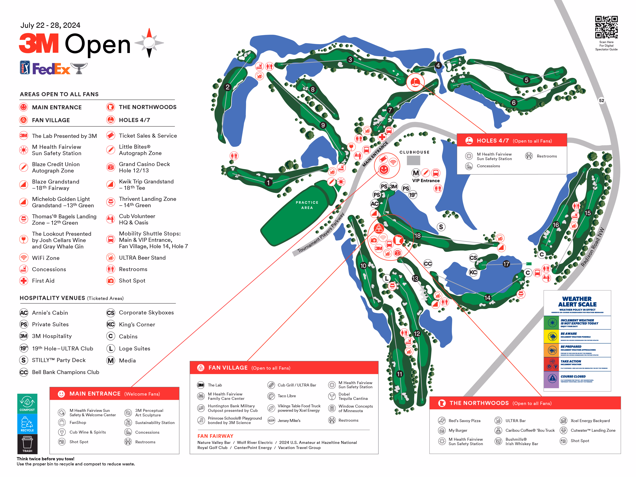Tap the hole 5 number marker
[526, 80]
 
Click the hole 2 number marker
[228, 87]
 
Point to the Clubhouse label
[414, 152]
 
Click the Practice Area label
[307, 205]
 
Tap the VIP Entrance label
[426, 181]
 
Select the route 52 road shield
[601, 100]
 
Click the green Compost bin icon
[27, 403]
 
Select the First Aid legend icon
[24, 281]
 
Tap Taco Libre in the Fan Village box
[287, 396]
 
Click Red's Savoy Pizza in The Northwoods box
[464, 421]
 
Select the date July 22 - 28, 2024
[50, 25]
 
